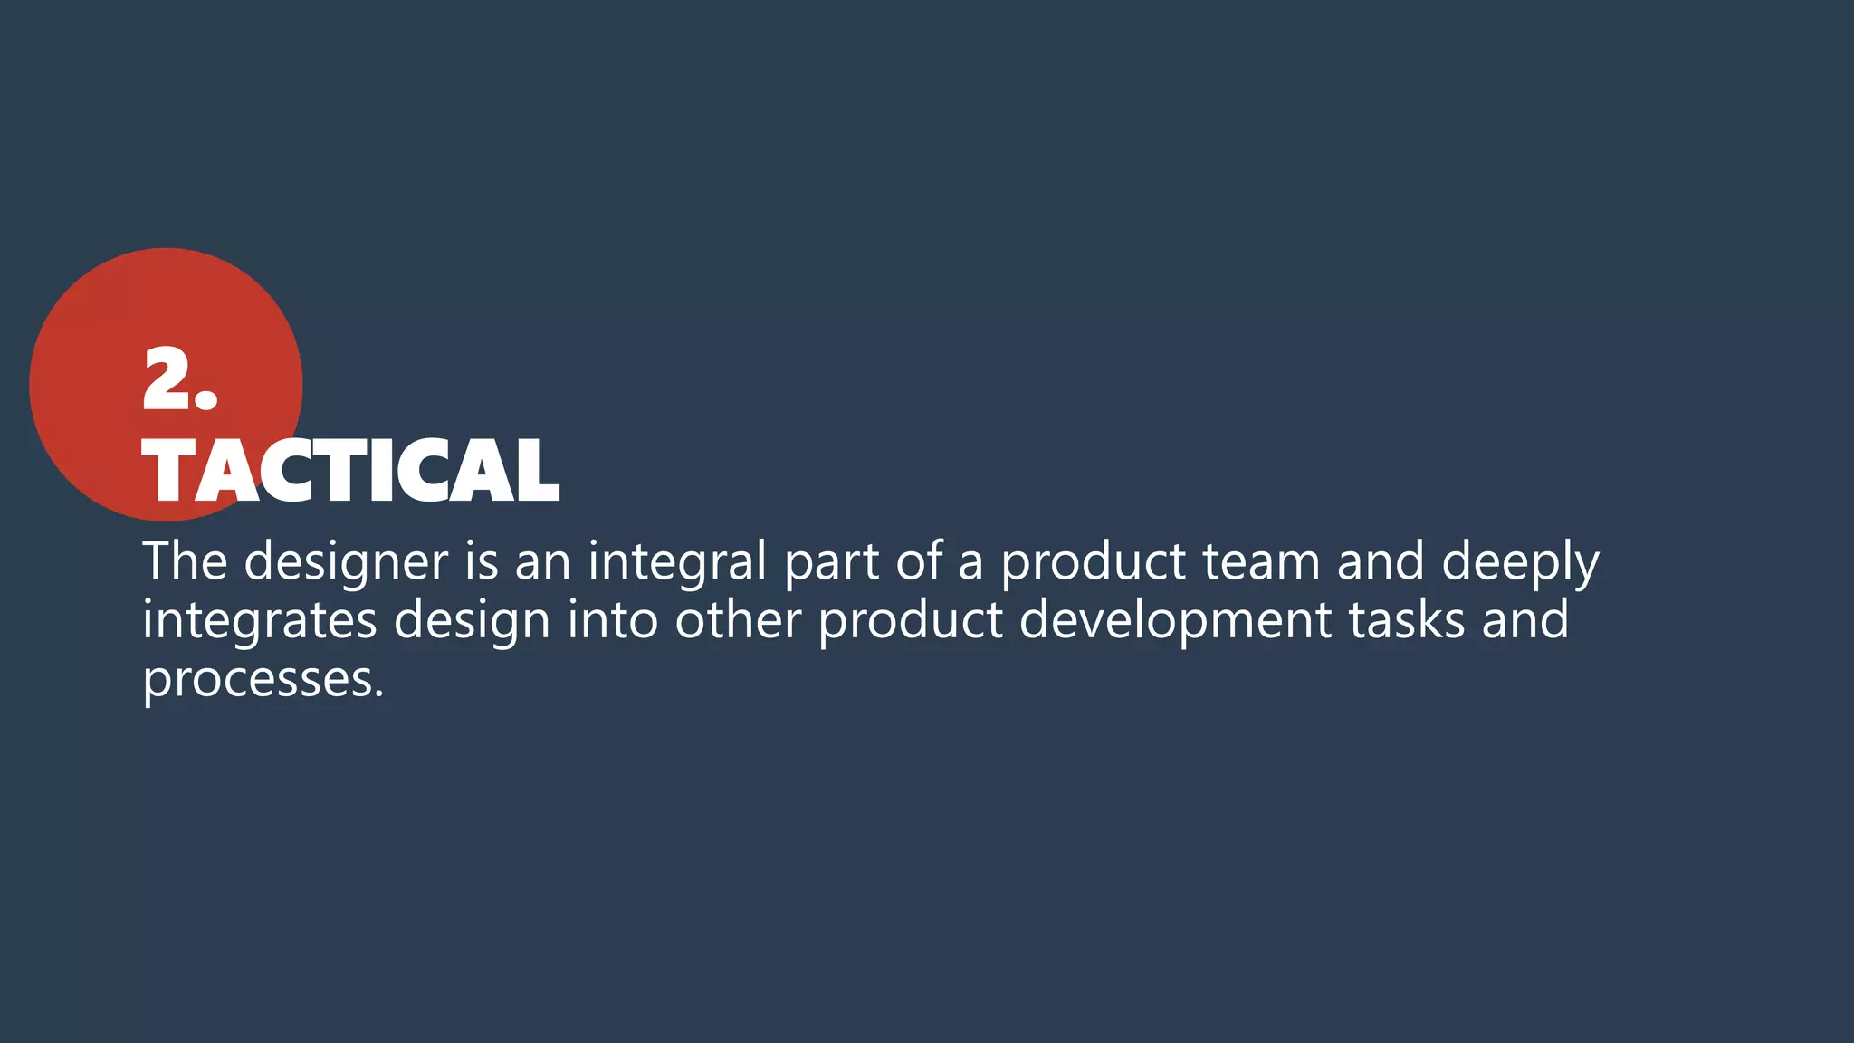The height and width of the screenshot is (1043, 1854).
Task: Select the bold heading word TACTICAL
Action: tap(351, 471)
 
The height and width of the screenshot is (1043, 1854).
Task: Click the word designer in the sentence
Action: tap(346, 562)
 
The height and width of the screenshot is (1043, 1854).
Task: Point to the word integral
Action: tap(677, 562)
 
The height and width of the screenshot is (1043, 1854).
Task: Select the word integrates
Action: tap(260, 622)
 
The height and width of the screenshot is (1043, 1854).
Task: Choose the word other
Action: tap(738, 620)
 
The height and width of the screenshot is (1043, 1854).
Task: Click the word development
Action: tap(1175, 622)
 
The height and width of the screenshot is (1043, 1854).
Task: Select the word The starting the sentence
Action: tap(185, 560)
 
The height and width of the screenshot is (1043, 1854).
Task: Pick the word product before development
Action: tap(911, 622)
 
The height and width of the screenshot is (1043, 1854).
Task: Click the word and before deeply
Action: tap(1381, 561)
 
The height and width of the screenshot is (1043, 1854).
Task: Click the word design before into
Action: tap(472, 622)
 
